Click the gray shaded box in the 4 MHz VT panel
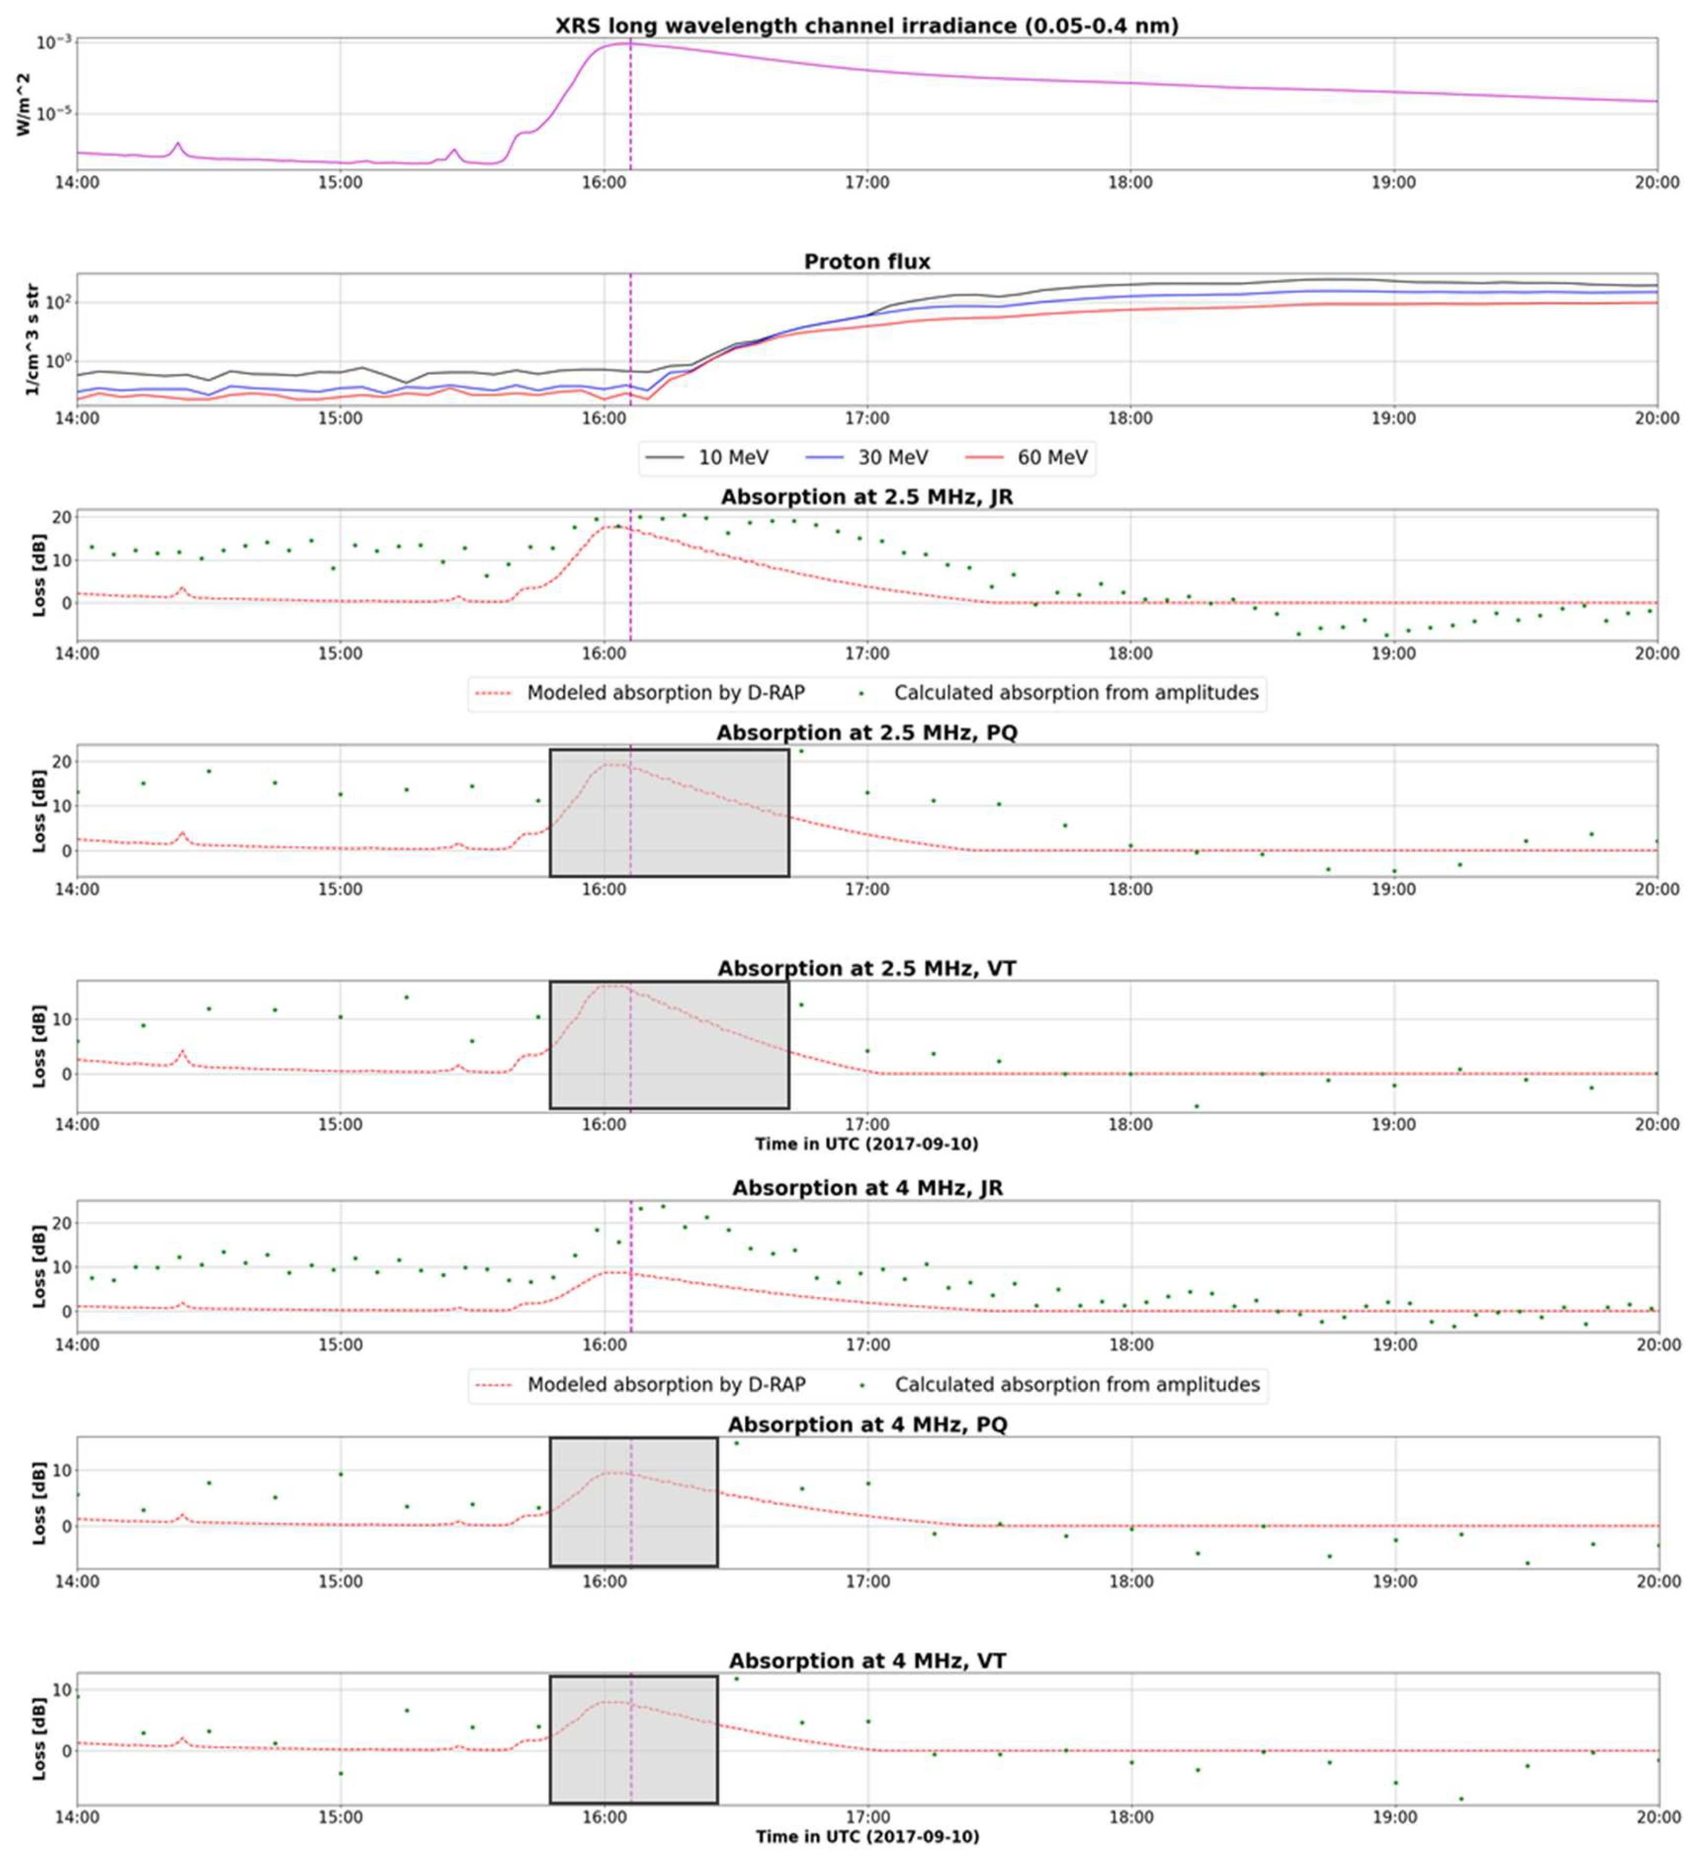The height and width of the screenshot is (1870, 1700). (x=633, y=1740)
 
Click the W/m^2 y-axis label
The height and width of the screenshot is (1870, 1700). (x=25, y=104)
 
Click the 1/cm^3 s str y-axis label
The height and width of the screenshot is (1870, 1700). (x=32, y=340)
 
